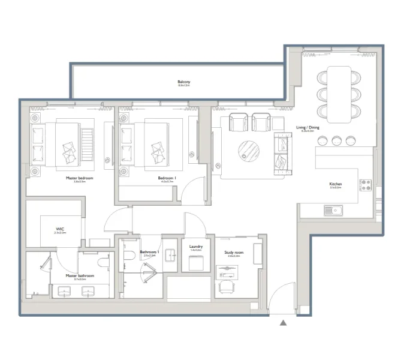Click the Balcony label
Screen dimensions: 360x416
click(x=183, y=82)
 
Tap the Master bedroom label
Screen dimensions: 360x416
click(x=76, y=178)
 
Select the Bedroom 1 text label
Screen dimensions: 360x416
click(x=167, y=178)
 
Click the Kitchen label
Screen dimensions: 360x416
click(x=335, y=184)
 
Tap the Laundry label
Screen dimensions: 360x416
click(x=195, y=247)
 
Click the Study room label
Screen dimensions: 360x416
click(x=234, y=253)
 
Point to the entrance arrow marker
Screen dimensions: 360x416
click(x=284, y=323)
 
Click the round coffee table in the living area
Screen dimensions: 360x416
click(x=249, y=150)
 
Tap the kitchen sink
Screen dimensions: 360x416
click(x=333, y=210)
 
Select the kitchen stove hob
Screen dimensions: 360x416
click(x=366, y=185)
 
